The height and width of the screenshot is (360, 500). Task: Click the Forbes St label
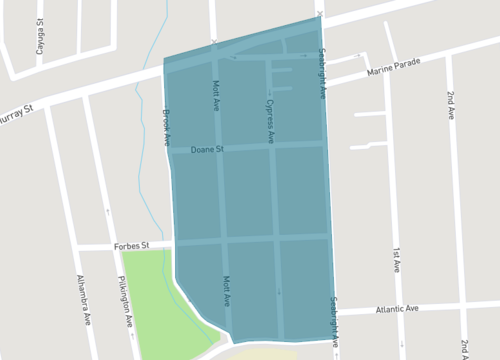[129, 243]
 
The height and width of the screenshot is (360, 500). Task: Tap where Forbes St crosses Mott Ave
[223, 240]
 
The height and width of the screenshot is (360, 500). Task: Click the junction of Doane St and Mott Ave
[219, 149]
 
